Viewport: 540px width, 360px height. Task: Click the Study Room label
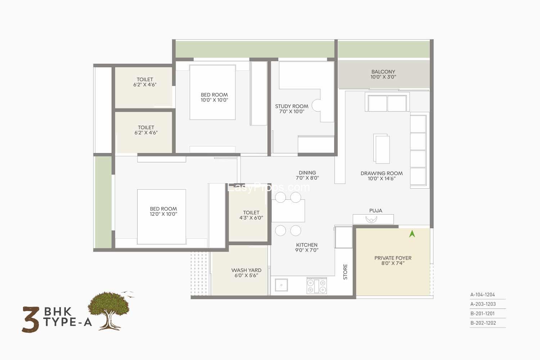pos(292,109)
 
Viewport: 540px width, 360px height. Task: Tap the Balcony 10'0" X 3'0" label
pos(383,74)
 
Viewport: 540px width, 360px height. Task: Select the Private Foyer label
pos(393,260)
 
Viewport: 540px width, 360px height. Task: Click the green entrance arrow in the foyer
pos(412,234)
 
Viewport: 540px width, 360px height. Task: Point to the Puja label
pos(375,211)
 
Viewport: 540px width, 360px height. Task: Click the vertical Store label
pos(345,272)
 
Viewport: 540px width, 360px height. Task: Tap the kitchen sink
pos(281,285)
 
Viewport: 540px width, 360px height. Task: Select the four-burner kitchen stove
pos(317,286)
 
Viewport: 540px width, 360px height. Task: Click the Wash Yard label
pos(246,273)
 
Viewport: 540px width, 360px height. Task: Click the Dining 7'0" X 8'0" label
pos(307,175)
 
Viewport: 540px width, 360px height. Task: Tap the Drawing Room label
pos(382,176)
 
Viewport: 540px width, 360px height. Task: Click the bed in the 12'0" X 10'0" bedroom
pos(162,217)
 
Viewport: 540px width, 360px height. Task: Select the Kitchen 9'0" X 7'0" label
pos(307,247)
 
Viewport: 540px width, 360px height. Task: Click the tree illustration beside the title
pos(110,310)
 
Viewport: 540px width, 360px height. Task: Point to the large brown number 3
pos(31,319)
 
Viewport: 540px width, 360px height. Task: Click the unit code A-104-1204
pos(483,294)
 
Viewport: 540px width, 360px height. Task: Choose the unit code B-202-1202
pos(483,323)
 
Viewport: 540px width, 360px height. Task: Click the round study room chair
pos(316,105)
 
